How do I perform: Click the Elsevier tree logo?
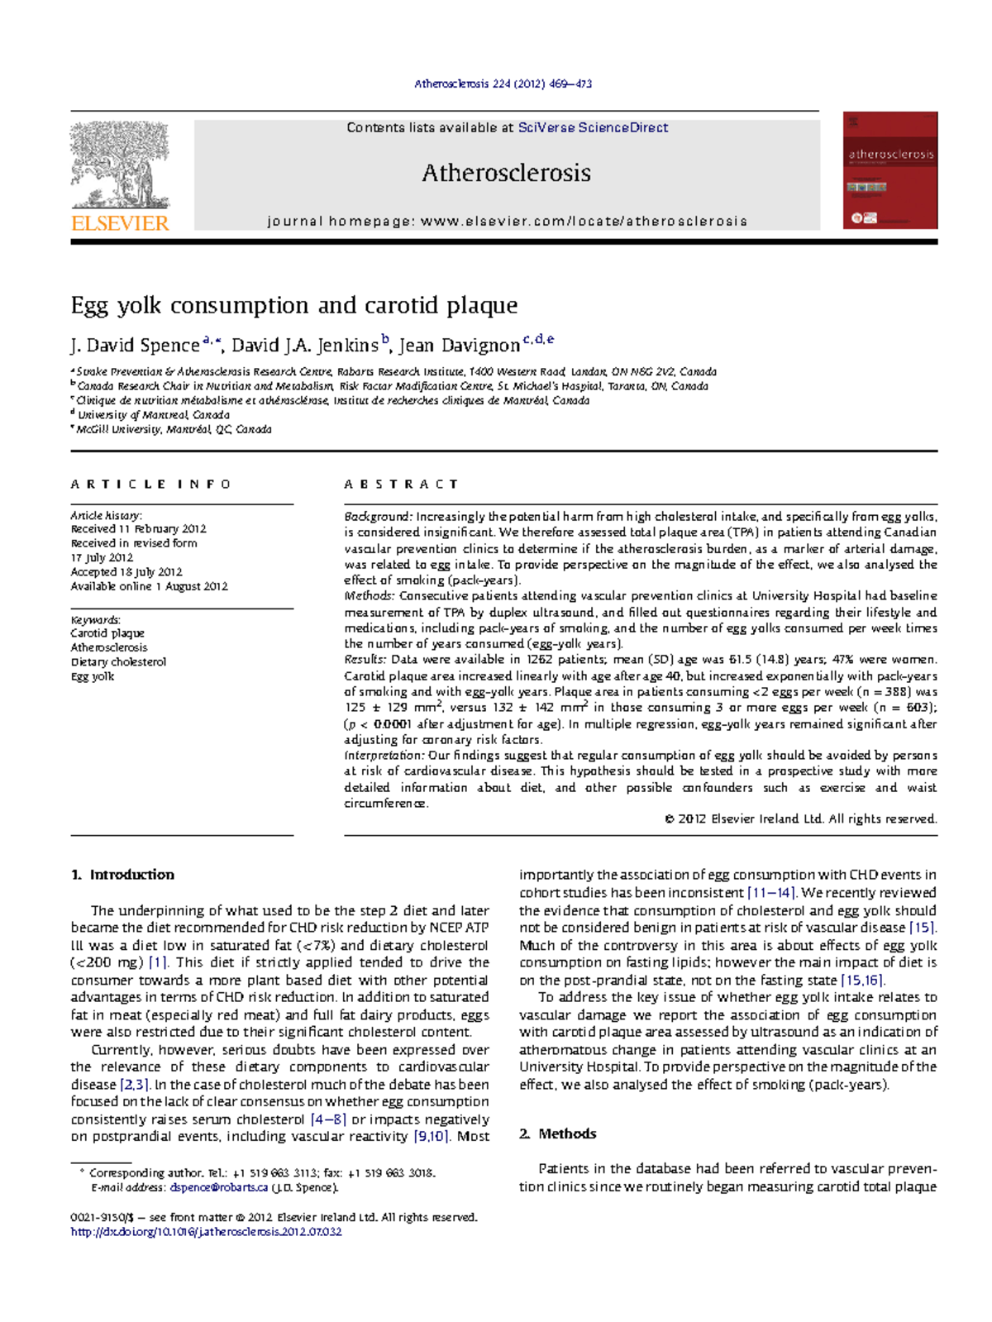[x=120, y=165]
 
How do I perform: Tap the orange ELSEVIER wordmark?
[x=120, y=223]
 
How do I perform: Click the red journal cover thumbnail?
[x=890, y=170]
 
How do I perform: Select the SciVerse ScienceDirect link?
[x=593, y=127]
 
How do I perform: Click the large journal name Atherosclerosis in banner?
[x=506, y=173]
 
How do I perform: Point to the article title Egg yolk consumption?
[x=294, y=305]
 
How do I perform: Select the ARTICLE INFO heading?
[x=151, y=484]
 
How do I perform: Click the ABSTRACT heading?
[x=401, y=484]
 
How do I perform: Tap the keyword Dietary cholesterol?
[x=118, y=661]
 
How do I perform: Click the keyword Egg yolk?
[x=93, y=676]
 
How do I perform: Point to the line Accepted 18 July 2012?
[x=126, y=571]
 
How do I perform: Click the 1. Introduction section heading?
[x=123, y=875]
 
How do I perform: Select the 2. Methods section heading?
[x=558, y=1133]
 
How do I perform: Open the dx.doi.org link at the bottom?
[x=206, y=1231]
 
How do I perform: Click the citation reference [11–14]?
[x=770, y=893]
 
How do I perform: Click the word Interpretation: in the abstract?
[x=384, y=755]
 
